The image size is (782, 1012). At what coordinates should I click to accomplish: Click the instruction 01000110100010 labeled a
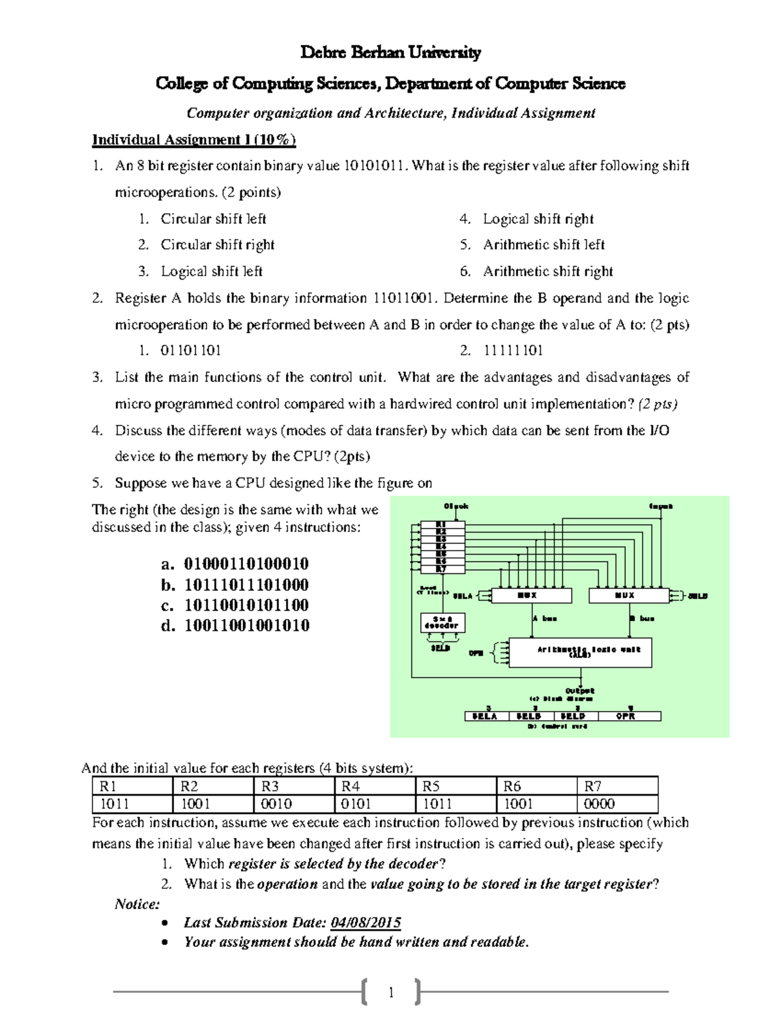[x=246, y=564]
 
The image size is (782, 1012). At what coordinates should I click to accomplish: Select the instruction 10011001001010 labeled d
[x=246, y=626]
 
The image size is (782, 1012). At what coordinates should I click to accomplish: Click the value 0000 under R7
[x=599, y=804]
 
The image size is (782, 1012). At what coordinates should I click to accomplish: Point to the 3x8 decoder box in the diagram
[x=442, y=622]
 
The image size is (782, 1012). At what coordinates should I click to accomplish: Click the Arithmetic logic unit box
[x=580, y=652]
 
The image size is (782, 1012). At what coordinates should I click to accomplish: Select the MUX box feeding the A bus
[x=531, y=596]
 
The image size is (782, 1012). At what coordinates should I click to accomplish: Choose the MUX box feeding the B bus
[x=629, y=596]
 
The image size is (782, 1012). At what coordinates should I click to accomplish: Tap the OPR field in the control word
[x=626, y=716]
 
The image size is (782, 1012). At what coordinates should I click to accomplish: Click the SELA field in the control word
[x=485, y=716]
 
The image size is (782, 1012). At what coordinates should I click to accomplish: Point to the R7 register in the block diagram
[x=441, y=569]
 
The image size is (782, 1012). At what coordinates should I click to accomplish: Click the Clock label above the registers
[x=456, y=506]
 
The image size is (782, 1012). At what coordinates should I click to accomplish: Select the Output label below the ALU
[x=579, y=691]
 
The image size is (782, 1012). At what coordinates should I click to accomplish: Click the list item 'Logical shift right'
[x=538, y=219]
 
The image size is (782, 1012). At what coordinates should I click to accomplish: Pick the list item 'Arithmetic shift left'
[x=544, y=245]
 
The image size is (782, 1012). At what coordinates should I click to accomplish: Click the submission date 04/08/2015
[x=366, y=923]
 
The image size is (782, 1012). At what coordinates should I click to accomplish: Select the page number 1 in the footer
[x=391, y=992]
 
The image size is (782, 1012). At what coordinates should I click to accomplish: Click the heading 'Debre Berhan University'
[x=390, y=53]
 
